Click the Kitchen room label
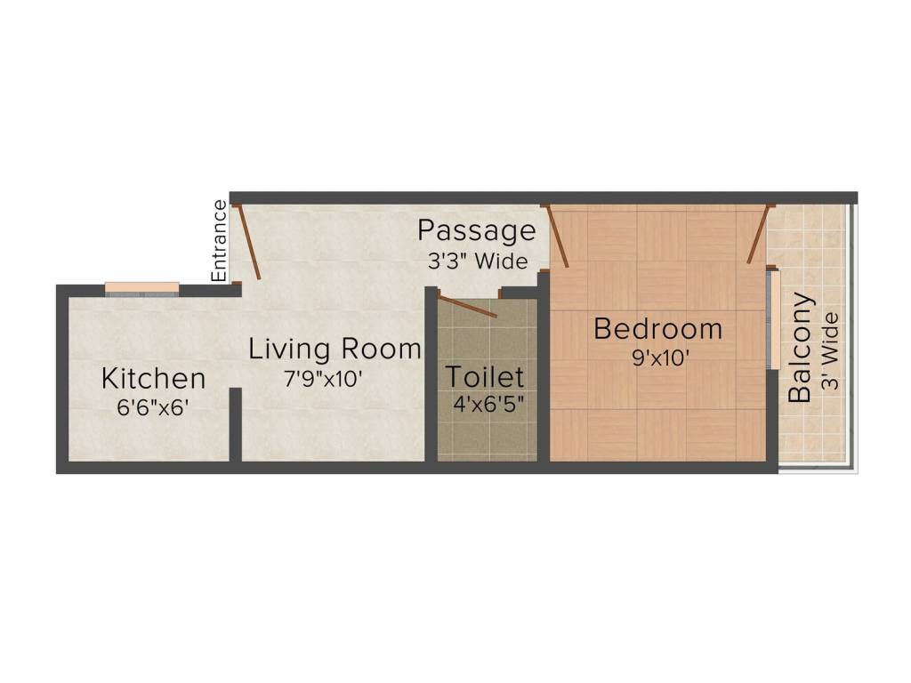[x=153, y=378]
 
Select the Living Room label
[x=334, y=349]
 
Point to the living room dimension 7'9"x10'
[x=323, y=378]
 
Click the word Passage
[x=477, y=231]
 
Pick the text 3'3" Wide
[x=477, y=262]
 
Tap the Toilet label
[x=485, y=376]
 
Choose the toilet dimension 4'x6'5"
[x=488, y=404]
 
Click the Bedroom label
[x=657, y=329]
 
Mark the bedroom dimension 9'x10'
[x=658, y=358]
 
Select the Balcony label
[x=801, y=347]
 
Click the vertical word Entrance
[x=220, y=240]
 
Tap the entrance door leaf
[x=247, y=242]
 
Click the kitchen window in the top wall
[x=142, y=287]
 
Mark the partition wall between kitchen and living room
[x=235, y=424]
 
